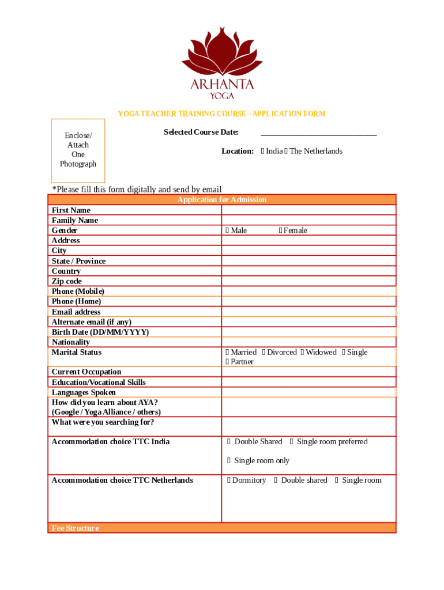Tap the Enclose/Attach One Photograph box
78,150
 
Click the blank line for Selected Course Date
319,133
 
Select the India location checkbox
263,152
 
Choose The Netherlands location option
286,152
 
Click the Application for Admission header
222,200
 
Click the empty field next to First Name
308,210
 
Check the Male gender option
228,231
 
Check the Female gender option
281,231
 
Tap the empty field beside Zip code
308,281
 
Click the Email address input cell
308,312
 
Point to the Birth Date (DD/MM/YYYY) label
100,332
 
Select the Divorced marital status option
264,353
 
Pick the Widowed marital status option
302,353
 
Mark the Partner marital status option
228,362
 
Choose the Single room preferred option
292,442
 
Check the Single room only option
229,461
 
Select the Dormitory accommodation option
229,481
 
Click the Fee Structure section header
76,528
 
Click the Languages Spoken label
84,392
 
